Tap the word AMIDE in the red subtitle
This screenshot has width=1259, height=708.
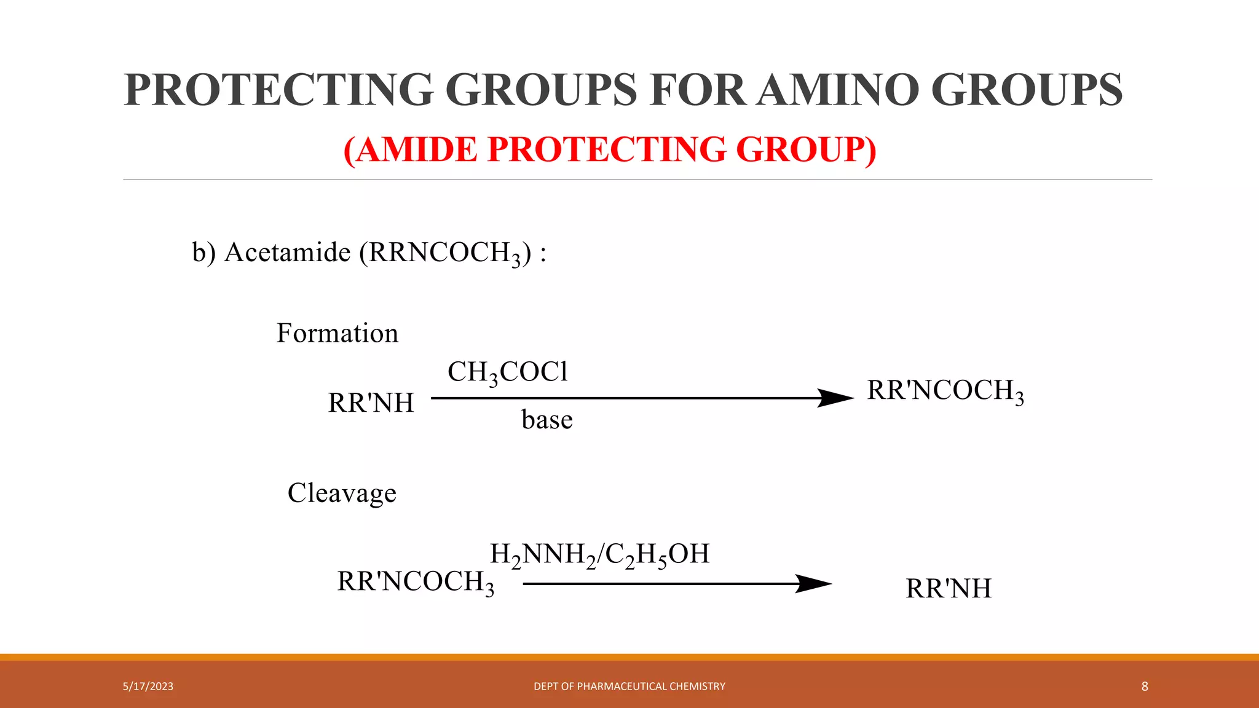pos(416,149)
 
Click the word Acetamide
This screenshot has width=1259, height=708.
pos(287,253)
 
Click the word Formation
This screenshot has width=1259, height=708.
pos(337,333)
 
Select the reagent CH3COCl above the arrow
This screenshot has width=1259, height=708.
pos(508,372)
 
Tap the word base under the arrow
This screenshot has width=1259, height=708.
pos(547,420)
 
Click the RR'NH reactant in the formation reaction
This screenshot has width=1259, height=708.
pos(371,403)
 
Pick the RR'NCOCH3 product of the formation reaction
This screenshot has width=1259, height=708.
pos(945,391)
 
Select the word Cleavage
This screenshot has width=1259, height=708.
pos(342,493)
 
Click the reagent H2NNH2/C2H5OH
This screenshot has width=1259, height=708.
pos(599,554)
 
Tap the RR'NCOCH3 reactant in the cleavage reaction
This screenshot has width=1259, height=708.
pos(416,582)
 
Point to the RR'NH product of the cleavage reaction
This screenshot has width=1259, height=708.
pos(949,589)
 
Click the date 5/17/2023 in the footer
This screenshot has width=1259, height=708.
pos(148,686)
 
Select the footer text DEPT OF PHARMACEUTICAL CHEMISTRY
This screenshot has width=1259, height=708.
pos(629,686)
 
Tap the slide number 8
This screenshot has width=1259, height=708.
pos(1145,686)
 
